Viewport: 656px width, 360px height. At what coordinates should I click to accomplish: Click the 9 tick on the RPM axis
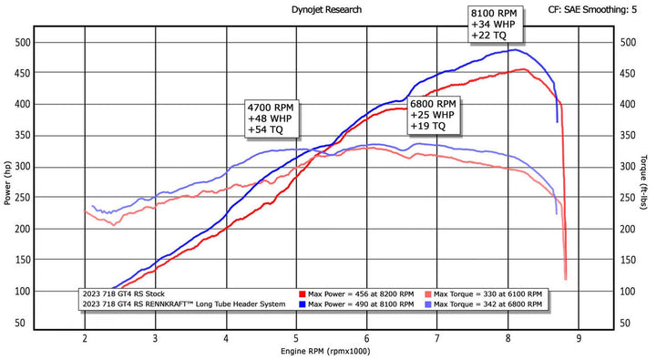click(579, 338)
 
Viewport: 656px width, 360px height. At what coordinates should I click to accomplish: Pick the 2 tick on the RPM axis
click(85, 338)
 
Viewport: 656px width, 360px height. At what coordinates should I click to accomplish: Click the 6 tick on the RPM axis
click(367, 338)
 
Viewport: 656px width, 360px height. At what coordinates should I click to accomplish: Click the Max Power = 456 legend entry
click(361, 294)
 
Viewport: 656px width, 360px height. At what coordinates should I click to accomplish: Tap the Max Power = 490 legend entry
click(361, 305)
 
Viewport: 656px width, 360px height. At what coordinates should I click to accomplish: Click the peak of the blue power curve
click(515, 49)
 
